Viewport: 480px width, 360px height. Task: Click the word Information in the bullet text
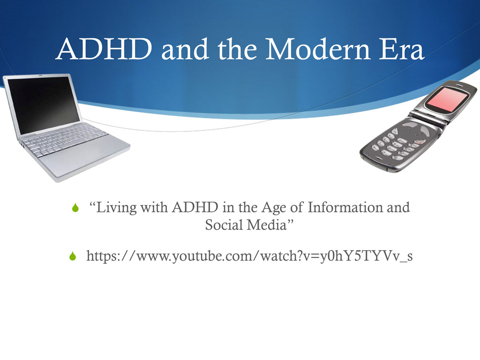click(346, 207)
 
